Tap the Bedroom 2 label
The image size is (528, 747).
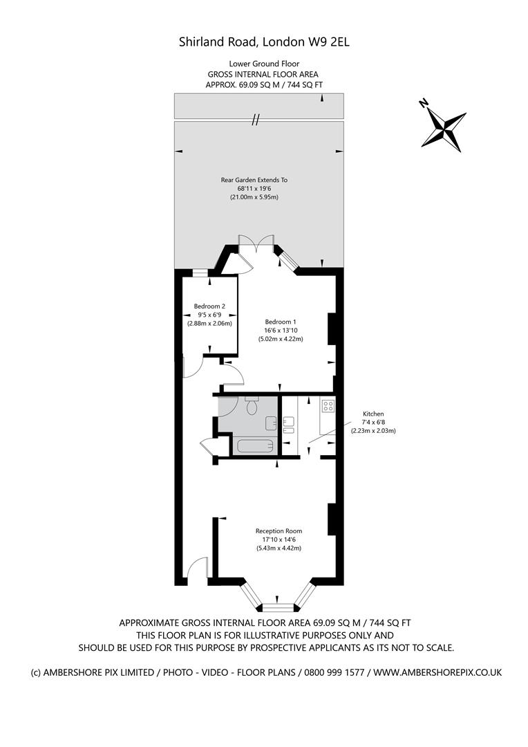(209, 306)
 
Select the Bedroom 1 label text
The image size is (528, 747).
(281, 321)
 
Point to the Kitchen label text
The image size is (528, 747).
(373, 414)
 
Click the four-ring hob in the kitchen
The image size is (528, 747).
(328, 406)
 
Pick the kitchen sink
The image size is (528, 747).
(288, 421)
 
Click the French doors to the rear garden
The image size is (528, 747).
(256, 242)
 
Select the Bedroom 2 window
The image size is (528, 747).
(200, 273)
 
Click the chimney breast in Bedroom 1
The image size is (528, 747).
(331, 329)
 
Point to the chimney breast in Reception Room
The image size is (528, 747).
(331, 519)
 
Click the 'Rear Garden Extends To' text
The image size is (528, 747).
(254, 180)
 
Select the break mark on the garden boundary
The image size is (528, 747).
(255, 120)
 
